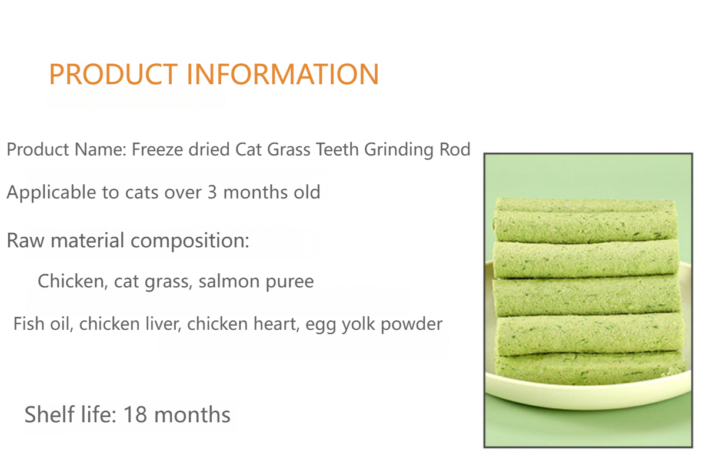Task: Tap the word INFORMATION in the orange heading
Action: click(x=282, y=74)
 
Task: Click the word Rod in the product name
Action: click(x=455, y=150)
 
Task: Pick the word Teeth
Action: click(x=337, y=150)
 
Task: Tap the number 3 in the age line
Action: click(x=212, y=193)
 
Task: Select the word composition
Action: click(x=190, y=241)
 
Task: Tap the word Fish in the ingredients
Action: click(x=28, y=323)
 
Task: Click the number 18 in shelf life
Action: click(x=134, y=415)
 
